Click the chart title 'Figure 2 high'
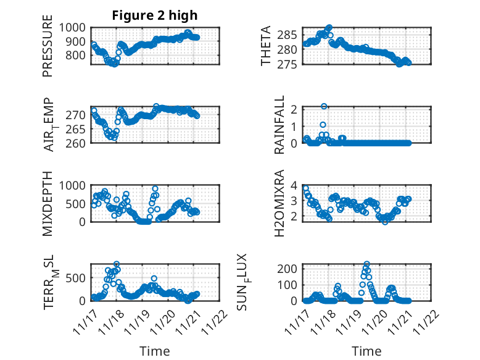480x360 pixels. [155, 15]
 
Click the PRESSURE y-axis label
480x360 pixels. [48, 51]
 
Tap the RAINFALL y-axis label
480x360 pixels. [279, 125]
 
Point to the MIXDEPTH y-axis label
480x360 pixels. [48, 203]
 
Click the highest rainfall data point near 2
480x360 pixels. [324, 106]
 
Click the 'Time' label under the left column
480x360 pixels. [155, 351]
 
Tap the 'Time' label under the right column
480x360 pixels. [366, 351]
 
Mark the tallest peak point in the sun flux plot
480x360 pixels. [366, 264]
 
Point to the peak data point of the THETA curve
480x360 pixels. [329, 28]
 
